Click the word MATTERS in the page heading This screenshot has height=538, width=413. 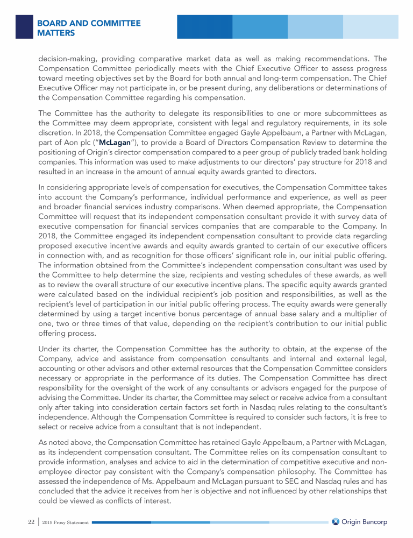[x=56, y=33]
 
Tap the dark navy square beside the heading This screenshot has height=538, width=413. [x=24, y=26]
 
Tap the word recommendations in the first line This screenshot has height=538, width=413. [x=332, y=57]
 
